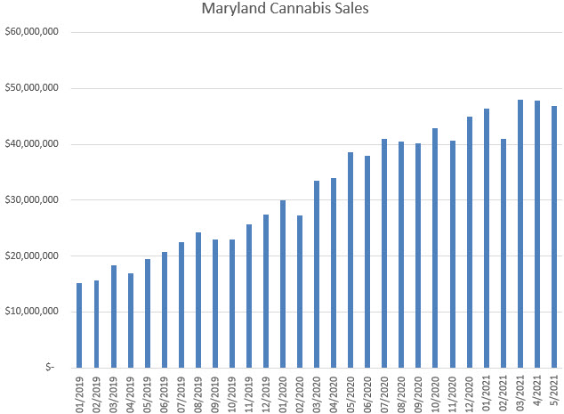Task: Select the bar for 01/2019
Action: pyautogui.click(x=79, y=325)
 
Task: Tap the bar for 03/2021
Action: pyautogui.click(x=520, y=233)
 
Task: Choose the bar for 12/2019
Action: pyautogui.click(x=266, y=290)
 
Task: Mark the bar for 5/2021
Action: pyautogui.click(x=554, y=236)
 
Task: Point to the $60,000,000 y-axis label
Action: pyautogui.click(x=31, y=33)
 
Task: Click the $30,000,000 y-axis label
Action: pyautogui.click(x=31, y=200)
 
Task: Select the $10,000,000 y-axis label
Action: pyautogui.click(x=31, y=312)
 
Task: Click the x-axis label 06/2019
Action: pyautogui.click(x=165, y=393)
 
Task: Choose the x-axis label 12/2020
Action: pyautogui.click(x=471, y=393)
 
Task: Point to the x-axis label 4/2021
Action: pyautogui.click(x=538, y=391)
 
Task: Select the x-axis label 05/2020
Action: pyautogui.click(x=351, y=393)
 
